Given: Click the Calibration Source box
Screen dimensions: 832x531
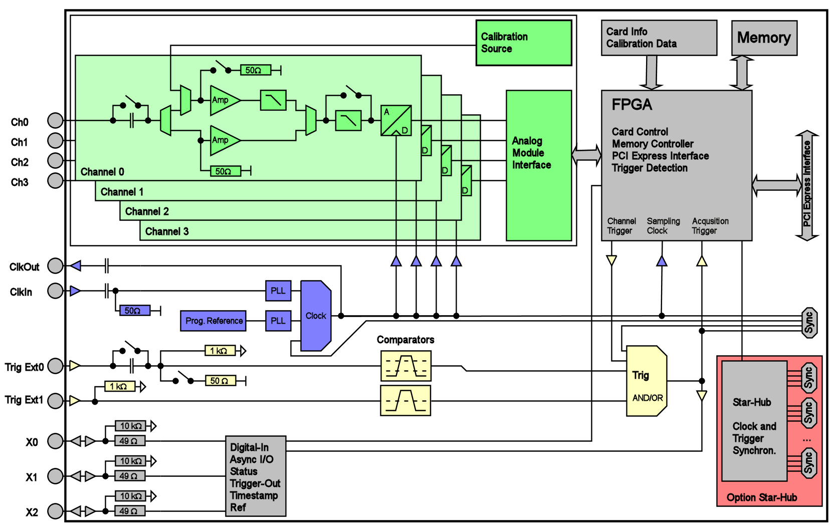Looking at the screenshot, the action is coord(524,43).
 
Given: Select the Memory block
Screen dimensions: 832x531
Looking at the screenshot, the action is coord(764,38).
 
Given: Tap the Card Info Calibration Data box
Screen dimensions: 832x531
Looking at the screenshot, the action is coord(659,38).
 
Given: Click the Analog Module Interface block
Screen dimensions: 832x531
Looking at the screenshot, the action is coord(539,166).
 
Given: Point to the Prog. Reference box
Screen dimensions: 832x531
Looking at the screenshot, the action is coord(213,321).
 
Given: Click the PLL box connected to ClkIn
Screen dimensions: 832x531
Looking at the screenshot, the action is coord(278,291).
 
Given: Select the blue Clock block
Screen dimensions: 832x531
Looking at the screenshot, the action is coord(316,316).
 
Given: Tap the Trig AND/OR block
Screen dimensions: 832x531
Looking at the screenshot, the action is coord(646,381).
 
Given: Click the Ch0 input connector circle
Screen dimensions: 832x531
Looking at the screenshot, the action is coord(55,120).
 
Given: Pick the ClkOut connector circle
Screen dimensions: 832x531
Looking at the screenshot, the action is coord(55,266).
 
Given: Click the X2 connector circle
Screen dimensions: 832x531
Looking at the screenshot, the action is coord(55,511).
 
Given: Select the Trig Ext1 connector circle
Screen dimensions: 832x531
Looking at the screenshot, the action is coord(55,401).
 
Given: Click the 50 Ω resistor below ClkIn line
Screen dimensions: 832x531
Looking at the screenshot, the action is coord(135,311).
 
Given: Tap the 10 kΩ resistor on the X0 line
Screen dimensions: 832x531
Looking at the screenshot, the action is coord(130,426).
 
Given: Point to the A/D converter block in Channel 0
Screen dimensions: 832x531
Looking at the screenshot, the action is coord(396,120).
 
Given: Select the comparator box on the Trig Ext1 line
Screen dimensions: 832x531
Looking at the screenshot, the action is coord(405,401).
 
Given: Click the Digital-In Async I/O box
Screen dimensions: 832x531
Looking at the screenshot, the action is coord(256,476).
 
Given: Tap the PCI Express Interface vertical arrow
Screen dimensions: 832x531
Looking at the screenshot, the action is coord(807,186).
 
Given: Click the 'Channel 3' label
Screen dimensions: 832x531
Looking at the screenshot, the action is coord(167,232).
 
